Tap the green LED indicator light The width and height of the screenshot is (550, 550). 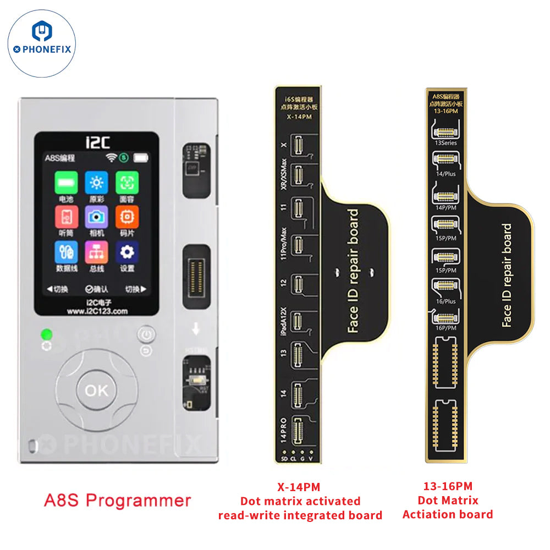46,334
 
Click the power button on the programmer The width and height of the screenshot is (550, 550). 145,334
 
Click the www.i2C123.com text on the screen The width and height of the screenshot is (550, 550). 96,311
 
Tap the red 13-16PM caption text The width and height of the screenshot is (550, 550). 448,486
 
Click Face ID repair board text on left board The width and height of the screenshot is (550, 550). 353,271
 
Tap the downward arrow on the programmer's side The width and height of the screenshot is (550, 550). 195,331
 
